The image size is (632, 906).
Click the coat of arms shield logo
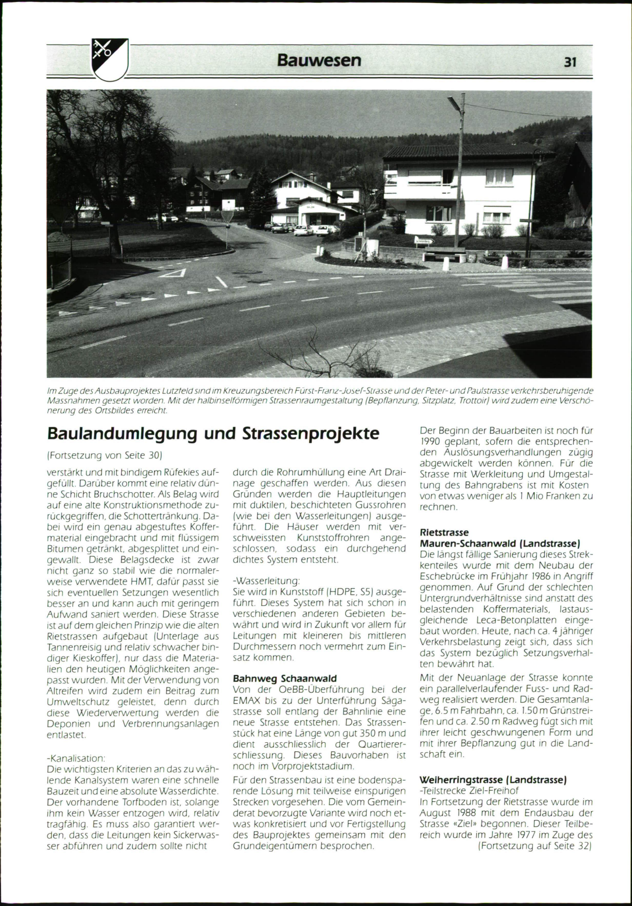pos(110,59)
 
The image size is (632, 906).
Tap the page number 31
pos(570,62)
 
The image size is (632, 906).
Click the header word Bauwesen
pos(319,60)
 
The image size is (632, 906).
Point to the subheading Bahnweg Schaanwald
pos(285,679)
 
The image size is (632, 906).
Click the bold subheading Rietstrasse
pos(444,533)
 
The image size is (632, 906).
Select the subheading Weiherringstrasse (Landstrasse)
pos(493,780)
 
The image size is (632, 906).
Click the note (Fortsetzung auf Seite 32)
pos(535,846)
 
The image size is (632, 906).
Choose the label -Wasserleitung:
pos(266,581)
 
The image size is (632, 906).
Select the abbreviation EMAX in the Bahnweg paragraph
pos(247,701)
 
